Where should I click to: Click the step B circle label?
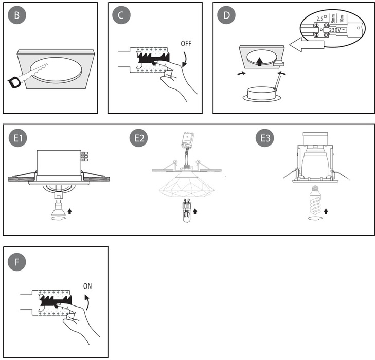pos(17,15)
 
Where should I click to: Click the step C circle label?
pos(121,15)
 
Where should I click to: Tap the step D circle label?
pos(226,15)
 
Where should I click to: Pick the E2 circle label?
pos(140,138)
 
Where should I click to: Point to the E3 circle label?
pos(266,138)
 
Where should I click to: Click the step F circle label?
pos(17,262)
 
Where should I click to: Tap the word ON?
pos(87,286)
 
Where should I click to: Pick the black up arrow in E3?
pos(326,211)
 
